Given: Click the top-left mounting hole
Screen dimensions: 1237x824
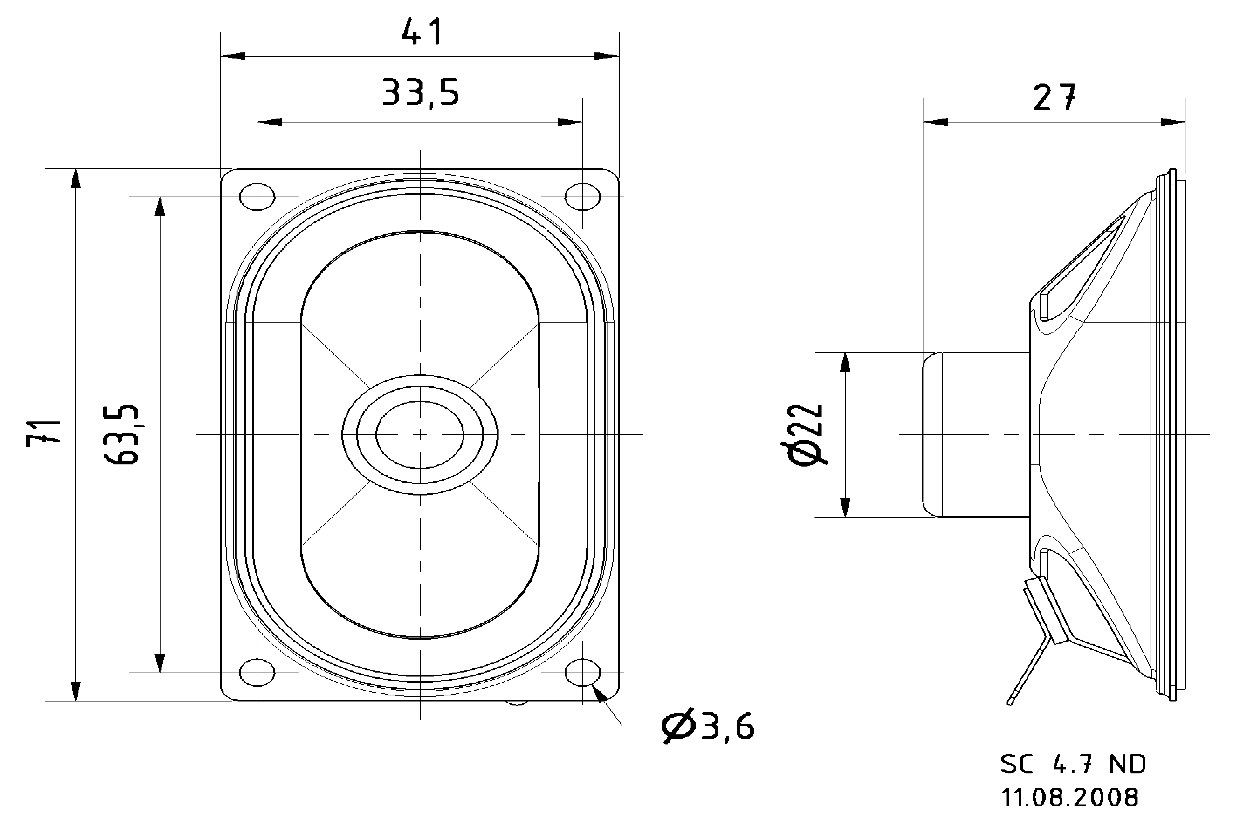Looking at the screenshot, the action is pyautogui.click(x=257, y=197).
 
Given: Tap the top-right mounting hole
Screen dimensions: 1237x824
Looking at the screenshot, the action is pyautogui.click(x=583, y=197).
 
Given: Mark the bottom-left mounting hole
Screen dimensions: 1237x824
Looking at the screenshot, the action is pyautogui.click(x=257, y=672).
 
